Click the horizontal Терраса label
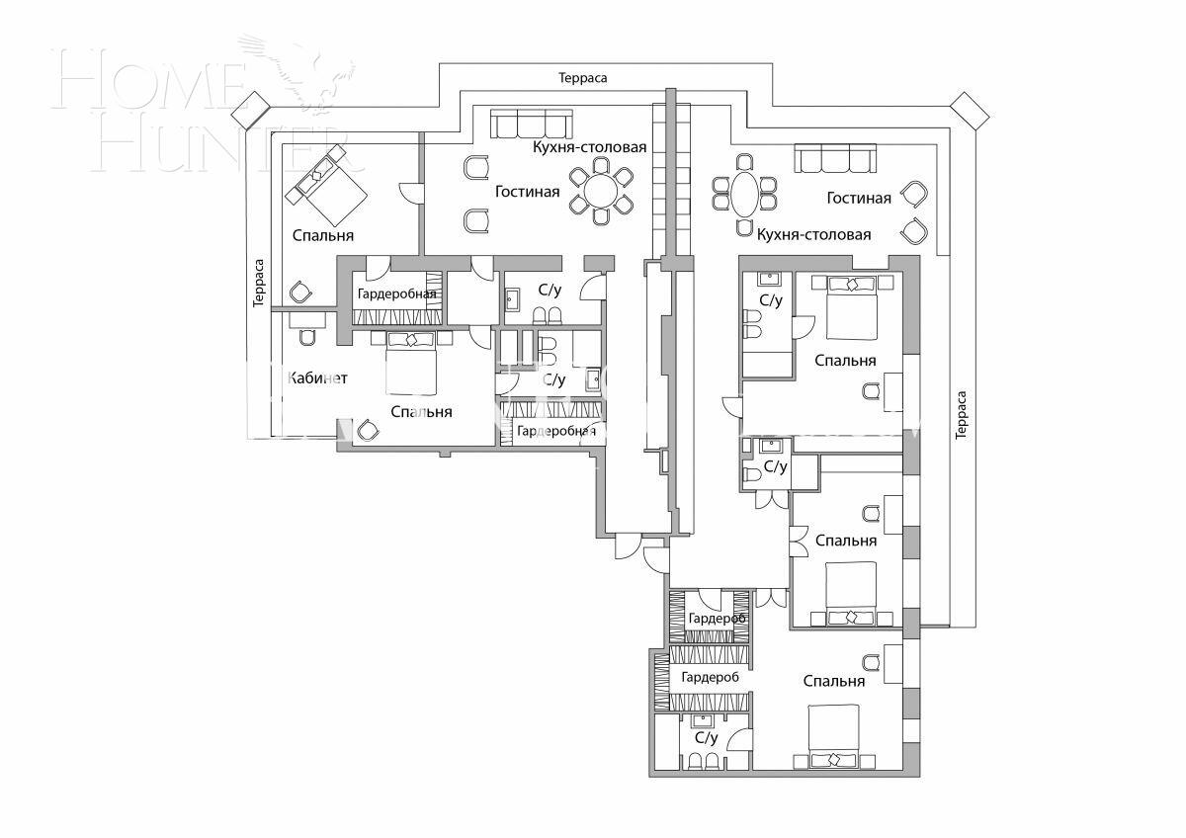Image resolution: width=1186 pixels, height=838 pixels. pos(582,77)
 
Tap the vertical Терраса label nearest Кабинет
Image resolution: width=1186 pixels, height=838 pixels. pos(259,284)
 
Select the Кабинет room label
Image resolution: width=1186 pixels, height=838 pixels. pos(316,378)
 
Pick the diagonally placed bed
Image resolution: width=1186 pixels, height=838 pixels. pos(326,185)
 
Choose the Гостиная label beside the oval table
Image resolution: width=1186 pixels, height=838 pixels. pos(859,199)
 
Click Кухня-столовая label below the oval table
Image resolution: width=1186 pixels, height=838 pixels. pos(813,235)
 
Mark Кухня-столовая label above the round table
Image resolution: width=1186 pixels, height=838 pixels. pos(589,147)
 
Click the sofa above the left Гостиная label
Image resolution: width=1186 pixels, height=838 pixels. pos(532,125)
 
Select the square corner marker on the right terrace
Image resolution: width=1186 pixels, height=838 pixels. pos(970,112)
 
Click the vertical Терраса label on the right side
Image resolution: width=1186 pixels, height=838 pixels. pos(962,415)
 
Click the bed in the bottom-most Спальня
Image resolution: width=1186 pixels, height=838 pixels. pos(841,736)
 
